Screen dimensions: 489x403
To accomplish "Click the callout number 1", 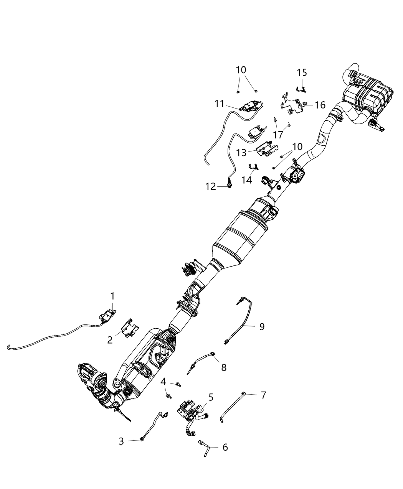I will pyautogui.click(x=112, y=296).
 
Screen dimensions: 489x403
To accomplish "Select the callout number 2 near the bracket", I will pyautogui.click(x=110, y=340).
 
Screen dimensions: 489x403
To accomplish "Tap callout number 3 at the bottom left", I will pyautogui.click(x=121, y=441).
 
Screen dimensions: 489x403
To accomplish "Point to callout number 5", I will pyautogui.click(x=211, y=397).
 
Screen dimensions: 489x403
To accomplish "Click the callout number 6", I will pyautogui.click(x=225, y=447).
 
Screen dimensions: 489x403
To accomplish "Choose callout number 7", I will pyautogui.click(x=263, y=395).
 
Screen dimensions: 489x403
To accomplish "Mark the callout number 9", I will pyautogui.click(x=262, y=326).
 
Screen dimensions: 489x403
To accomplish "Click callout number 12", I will pyautogui.click(x=211, y=187).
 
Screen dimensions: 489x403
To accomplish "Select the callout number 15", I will pyautogui.click(x=302, y=72).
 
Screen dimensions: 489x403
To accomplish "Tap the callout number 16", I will pyautogui.click(x=320, y=105).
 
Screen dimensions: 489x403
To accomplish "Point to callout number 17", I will pyautogui.click(x=278, y=135).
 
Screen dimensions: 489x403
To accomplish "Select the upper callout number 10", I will pyautogui.click(x=241, y=70).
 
